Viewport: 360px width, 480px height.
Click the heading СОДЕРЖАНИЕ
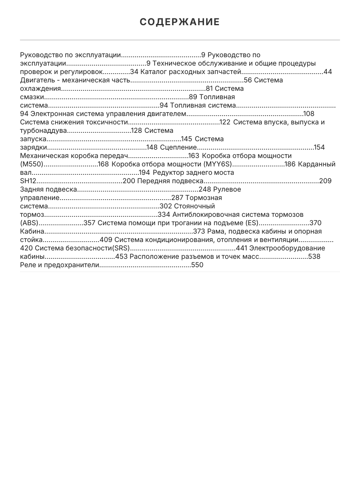tap(180, 22)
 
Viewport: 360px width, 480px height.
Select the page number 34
tap(134, 72)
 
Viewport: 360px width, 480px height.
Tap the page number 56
tap(248, 80)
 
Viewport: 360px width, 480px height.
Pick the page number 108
tap(309, 114)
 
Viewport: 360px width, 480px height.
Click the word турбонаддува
tap(44, 131)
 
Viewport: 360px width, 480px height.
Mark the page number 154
tap(319, 148)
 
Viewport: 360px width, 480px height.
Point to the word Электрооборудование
tap(287, 248)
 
